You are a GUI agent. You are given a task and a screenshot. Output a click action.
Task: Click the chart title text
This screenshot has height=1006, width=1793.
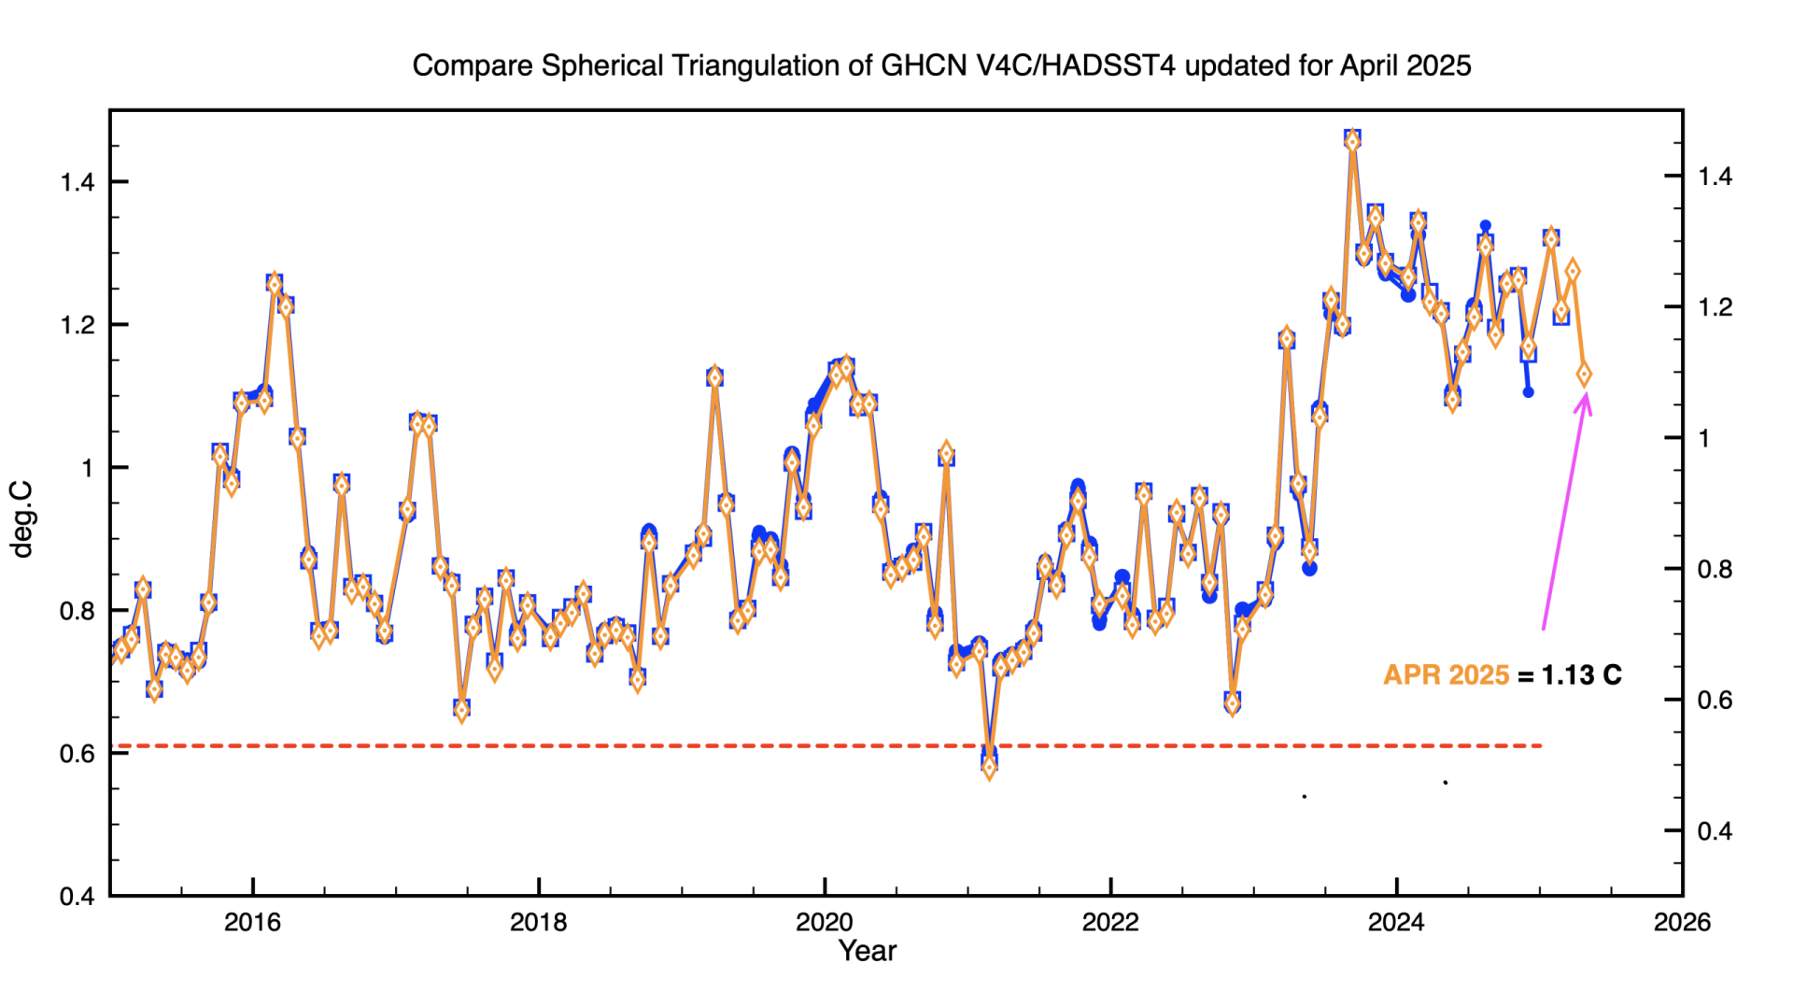coord(941,66)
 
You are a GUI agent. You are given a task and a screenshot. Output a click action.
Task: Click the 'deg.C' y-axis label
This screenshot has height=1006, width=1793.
coord(21,519)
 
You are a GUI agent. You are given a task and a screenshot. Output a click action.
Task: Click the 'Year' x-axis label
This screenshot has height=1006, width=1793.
coord(867,951)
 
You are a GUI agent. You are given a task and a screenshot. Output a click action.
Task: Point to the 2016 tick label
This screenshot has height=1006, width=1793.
coord(252,923)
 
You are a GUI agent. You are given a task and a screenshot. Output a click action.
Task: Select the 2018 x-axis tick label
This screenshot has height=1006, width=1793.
coord(538,923)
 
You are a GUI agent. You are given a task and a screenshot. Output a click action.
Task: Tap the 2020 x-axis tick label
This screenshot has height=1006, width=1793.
coord(824,923)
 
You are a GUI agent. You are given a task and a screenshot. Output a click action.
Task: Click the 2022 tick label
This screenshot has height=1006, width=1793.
coord(1110,923)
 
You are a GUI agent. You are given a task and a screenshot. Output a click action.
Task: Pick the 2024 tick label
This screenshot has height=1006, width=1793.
coord(1396,923)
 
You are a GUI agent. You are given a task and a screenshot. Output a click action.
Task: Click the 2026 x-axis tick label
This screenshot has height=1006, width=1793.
coord(1682,923)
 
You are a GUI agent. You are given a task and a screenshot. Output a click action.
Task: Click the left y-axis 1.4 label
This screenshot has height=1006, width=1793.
coord(78,182)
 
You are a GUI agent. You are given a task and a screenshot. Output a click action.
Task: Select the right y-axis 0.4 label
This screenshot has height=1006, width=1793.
coord(1715,831)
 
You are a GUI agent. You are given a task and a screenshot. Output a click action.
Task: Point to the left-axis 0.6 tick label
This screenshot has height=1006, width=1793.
coord(78,754)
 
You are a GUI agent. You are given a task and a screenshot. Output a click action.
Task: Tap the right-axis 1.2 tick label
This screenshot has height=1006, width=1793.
coord(1715,307)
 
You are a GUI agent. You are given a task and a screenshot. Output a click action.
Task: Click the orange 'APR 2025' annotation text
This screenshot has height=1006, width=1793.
coord(1446,675)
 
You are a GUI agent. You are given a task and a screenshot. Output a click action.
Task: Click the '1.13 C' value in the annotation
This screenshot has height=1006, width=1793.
coord(1581,675)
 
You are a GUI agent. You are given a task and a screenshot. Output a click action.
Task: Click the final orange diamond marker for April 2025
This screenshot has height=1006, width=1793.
coord(1584,375)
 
